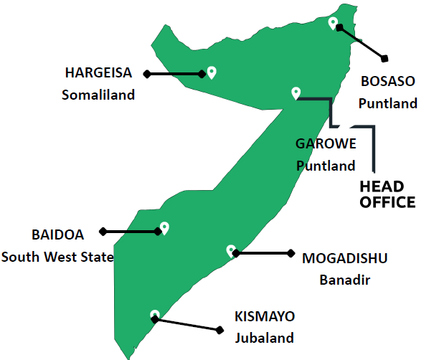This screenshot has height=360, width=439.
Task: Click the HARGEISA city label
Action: pyautogui.click(x=98, y=72)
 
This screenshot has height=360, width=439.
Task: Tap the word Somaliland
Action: pyautogui.click(x=98, y=95)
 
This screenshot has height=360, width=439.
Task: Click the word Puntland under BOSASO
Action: pyautogui.click(x=387, y=103)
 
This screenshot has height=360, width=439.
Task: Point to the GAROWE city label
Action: pyautogui.click(x=326, y=143)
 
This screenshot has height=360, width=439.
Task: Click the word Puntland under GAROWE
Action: pyautogui.click(x=326, y=166)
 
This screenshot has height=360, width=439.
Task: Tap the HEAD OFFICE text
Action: pyautogui.click(x=387, y=194)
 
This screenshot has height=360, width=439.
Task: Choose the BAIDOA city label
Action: pyautogui.click(x=57, y=235)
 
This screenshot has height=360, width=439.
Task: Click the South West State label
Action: pyautogui.click(x=57, y=256)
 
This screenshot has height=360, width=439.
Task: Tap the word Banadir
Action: pyautogui.click(x=344, y=280)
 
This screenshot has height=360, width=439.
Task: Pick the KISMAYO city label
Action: pyautogui.click(x=265, y=316)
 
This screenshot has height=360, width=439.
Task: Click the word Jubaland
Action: pyautogui.click(x=265, y=338)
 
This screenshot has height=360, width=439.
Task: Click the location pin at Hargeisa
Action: pyautogui.click(x=212, y=72)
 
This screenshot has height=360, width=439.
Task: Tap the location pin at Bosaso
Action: pyautogui.click(x=333, y=23)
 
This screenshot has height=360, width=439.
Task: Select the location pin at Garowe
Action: pyautogui.click(x=296, y=92)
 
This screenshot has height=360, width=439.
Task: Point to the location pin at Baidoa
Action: pyautogui.click(x=164, y=227)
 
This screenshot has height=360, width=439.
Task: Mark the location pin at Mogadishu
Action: pyautogui.click(x=231, y=250)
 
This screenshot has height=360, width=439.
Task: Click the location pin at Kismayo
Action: pyautogui.click(x=154, y=315)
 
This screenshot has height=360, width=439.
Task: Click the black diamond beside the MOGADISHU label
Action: pyautogui.click(x=291, y=252)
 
